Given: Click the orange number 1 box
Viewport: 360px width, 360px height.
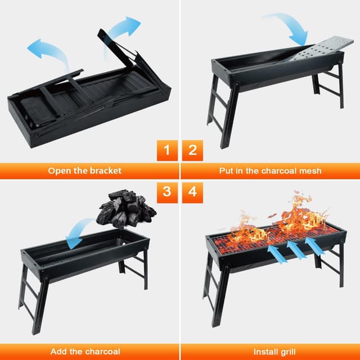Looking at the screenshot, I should pyautogui.click(x=166, y=151).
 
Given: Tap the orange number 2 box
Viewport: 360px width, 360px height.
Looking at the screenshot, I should pyautogui.click(x=192, y=151).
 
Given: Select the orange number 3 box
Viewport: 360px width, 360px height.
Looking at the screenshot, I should pyautogui.click(x=166, y=191).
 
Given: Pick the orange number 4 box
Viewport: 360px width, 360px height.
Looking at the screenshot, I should pyautogui.click(x=192, y=191).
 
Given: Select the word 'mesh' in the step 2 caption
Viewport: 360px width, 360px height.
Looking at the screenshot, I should pyautogui.click(x=309, y=170).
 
